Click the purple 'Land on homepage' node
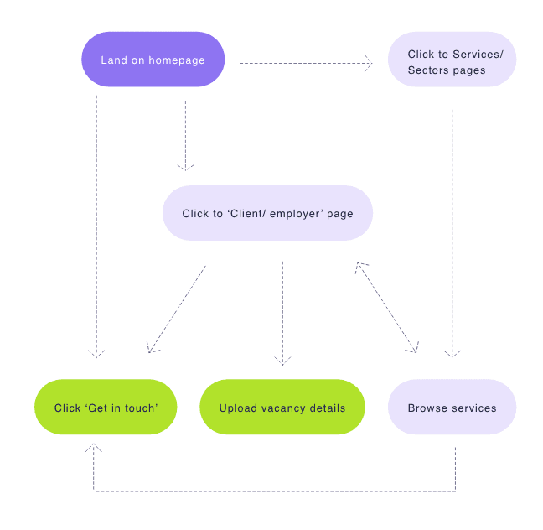[x=153, y=60]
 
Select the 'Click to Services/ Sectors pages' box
[x=452, y=62]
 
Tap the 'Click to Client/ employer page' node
[x=267, y=214]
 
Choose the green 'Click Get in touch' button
[x=106, y=408]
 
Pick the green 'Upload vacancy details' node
[x=282, y=408]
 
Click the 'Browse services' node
[x=452, y=408]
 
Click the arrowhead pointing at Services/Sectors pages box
[x=369, y=62]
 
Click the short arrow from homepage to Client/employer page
[x=185, y=134]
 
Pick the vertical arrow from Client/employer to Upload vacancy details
[x=282, y=310]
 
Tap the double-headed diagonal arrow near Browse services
[x=387, y=307]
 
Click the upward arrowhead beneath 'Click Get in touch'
[x=94, y=449]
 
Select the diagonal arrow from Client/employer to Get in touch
[x=177, y=309]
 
